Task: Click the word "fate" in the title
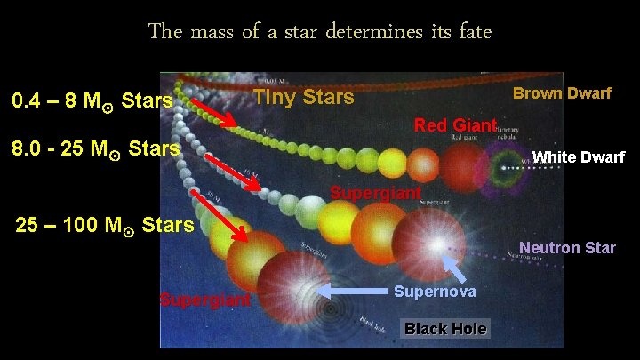472,32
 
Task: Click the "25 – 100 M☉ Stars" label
105,224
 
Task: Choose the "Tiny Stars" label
304,96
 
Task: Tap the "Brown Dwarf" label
562,93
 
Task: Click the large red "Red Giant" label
454,125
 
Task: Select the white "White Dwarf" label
578,157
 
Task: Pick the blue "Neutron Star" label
567,247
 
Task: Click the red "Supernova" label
435,292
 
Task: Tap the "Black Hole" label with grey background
445,329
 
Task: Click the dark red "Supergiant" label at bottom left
205,299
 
